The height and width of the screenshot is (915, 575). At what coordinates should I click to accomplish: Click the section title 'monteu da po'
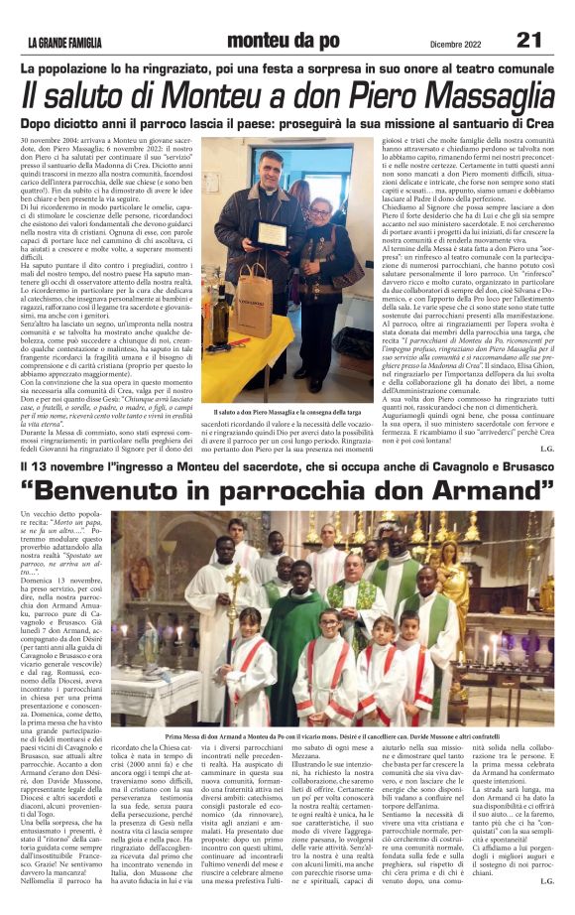283,40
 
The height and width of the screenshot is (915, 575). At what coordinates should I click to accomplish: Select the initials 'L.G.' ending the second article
546,880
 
